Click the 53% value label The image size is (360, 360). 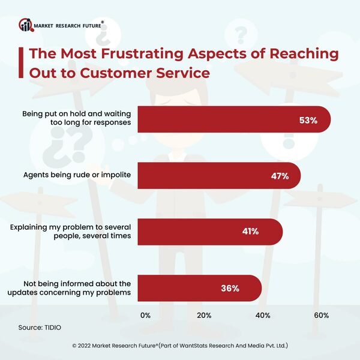307,120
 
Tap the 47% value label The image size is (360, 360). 280,176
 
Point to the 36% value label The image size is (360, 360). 230,288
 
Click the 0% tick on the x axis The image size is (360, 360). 145,316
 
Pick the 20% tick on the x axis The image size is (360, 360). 204,316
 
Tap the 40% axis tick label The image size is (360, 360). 262,316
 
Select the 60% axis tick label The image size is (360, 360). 320,316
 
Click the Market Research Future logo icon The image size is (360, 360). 26,25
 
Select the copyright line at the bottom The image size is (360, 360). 180,346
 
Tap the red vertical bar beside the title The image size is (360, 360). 22,63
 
